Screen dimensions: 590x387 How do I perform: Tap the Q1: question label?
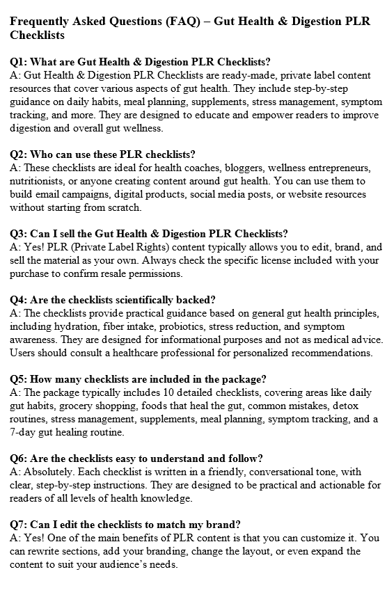tap(18, 62)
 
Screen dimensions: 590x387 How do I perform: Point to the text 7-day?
tap(24, 432)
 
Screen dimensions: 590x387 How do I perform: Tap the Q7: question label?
tap(18, 525)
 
